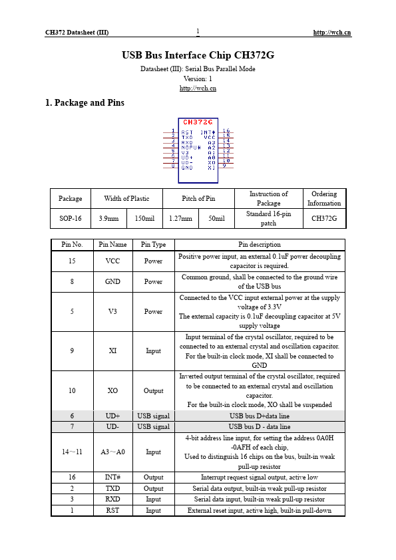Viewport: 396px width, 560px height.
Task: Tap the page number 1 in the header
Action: tap(198, 31)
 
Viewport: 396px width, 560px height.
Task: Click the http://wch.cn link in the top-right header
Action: tap(332, 32)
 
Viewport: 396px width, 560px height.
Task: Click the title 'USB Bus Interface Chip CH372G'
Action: tap(198, 55)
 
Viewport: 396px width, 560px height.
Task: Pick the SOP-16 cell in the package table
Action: tap(70, 218)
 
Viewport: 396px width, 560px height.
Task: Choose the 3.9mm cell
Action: tap(108, 218)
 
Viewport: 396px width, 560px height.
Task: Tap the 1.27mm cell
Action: tap(179, 218)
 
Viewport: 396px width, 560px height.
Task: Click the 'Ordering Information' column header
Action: tap(324, 198)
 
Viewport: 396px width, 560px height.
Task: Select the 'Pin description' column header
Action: tap(260, 245)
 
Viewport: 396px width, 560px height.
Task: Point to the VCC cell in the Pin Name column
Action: tap(112, 261)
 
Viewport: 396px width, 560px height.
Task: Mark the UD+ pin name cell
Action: tap(112, 416)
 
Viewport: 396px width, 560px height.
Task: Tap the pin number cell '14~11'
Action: tap(72, 452)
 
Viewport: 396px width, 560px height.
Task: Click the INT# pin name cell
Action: tap(112, 478)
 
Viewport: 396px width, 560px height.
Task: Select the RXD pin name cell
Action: tap(112, 499)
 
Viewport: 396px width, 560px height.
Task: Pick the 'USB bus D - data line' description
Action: tap(260, 426)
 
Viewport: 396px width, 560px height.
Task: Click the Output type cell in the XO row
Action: tap(153, 390)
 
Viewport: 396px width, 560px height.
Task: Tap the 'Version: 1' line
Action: tap(198, 78)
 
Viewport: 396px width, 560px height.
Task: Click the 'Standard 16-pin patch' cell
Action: tap(268, 218)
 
